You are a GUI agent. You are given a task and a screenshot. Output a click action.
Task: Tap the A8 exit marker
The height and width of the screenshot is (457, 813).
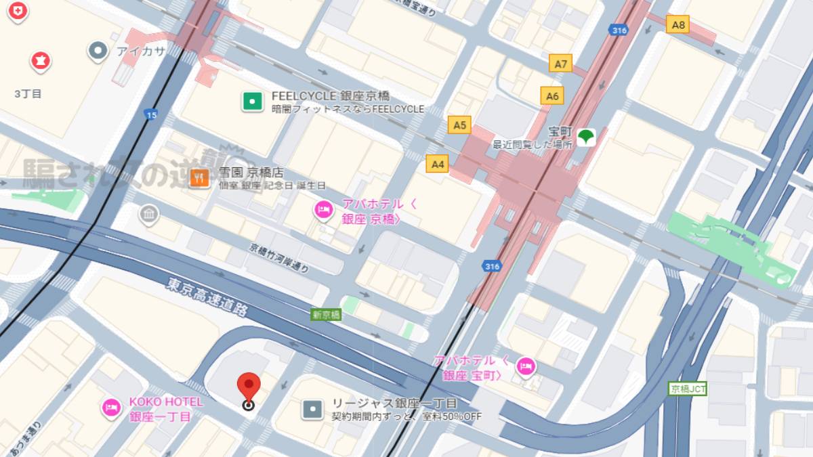point(678,25)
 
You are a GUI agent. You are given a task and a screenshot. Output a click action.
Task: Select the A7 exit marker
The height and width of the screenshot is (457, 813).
point(560,64)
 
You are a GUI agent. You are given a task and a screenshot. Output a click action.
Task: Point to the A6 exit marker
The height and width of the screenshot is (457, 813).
point(552,95)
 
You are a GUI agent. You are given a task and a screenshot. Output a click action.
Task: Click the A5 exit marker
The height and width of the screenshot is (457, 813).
point(459,125)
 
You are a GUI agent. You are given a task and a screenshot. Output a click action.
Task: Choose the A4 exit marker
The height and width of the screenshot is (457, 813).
point(438,163)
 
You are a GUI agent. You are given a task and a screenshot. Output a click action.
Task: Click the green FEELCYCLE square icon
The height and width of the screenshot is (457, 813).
point(252,102)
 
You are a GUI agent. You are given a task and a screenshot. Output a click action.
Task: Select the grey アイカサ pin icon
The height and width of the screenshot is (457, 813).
point(99,50)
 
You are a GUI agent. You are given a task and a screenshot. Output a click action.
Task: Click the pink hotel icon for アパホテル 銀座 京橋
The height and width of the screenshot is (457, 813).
point(323,211)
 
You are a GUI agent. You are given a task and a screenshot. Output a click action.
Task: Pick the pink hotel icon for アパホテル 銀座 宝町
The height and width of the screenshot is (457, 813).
point(524,367)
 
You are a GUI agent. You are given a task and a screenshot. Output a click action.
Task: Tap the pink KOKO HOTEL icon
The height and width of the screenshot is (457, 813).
point(110,407)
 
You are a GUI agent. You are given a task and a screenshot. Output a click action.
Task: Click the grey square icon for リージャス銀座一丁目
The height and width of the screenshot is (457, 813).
point(312,408)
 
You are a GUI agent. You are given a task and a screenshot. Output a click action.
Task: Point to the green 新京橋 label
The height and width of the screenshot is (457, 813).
point(326,315)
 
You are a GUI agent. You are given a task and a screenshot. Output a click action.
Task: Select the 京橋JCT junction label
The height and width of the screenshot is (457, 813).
point(688,389)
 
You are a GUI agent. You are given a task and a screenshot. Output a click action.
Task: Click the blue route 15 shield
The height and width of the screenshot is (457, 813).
point(150,116)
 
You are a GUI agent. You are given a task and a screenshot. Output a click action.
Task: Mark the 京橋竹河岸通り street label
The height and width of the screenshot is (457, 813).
point(279,258)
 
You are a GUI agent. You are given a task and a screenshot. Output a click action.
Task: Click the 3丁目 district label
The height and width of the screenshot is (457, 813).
point(28,94)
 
